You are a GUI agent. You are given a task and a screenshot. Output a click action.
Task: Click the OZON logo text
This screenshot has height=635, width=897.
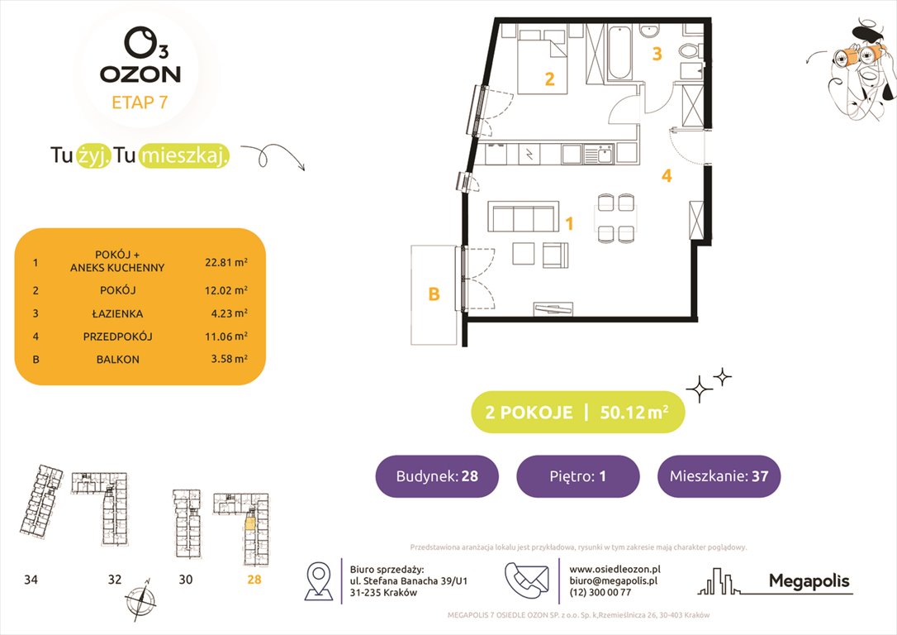[140, 74]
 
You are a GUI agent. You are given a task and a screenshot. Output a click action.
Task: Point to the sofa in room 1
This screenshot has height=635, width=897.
[521, 218]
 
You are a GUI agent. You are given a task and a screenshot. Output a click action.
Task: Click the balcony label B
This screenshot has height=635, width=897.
[433, 294]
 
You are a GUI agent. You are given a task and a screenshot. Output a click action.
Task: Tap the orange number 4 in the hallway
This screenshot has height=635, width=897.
[666, 175]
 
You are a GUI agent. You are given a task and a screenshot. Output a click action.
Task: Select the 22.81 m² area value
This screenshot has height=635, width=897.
[226, 261]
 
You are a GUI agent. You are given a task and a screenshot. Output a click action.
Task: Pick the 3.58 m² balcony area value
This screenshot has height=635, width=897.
[226, 360]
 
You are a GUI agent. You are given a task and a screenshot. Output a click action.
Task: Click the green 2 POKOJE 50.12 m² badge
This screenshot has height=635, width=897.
[577, 413]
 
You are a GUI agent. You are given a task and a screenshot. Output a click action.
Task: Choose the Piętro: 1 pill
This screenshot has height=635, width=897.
[577, 476]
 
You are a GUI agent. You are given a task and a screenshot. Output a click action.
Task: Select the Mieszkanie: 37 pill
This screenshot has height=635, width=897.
[719, 476]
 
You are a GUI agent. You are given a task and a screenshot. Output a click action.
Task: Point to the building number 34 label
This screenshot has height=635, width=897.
[31, 580]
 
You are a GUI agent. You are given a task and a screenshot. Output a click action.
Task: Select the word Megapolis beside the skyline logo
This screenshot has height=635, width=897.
[809, 581]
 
